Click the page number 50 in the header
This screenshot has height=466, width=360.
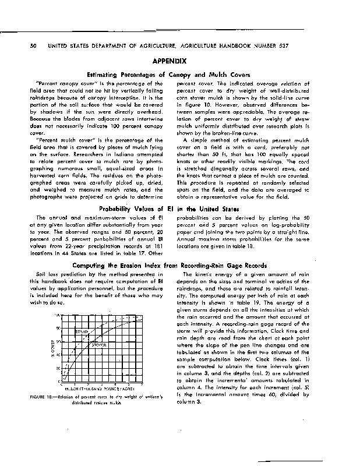24,46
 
